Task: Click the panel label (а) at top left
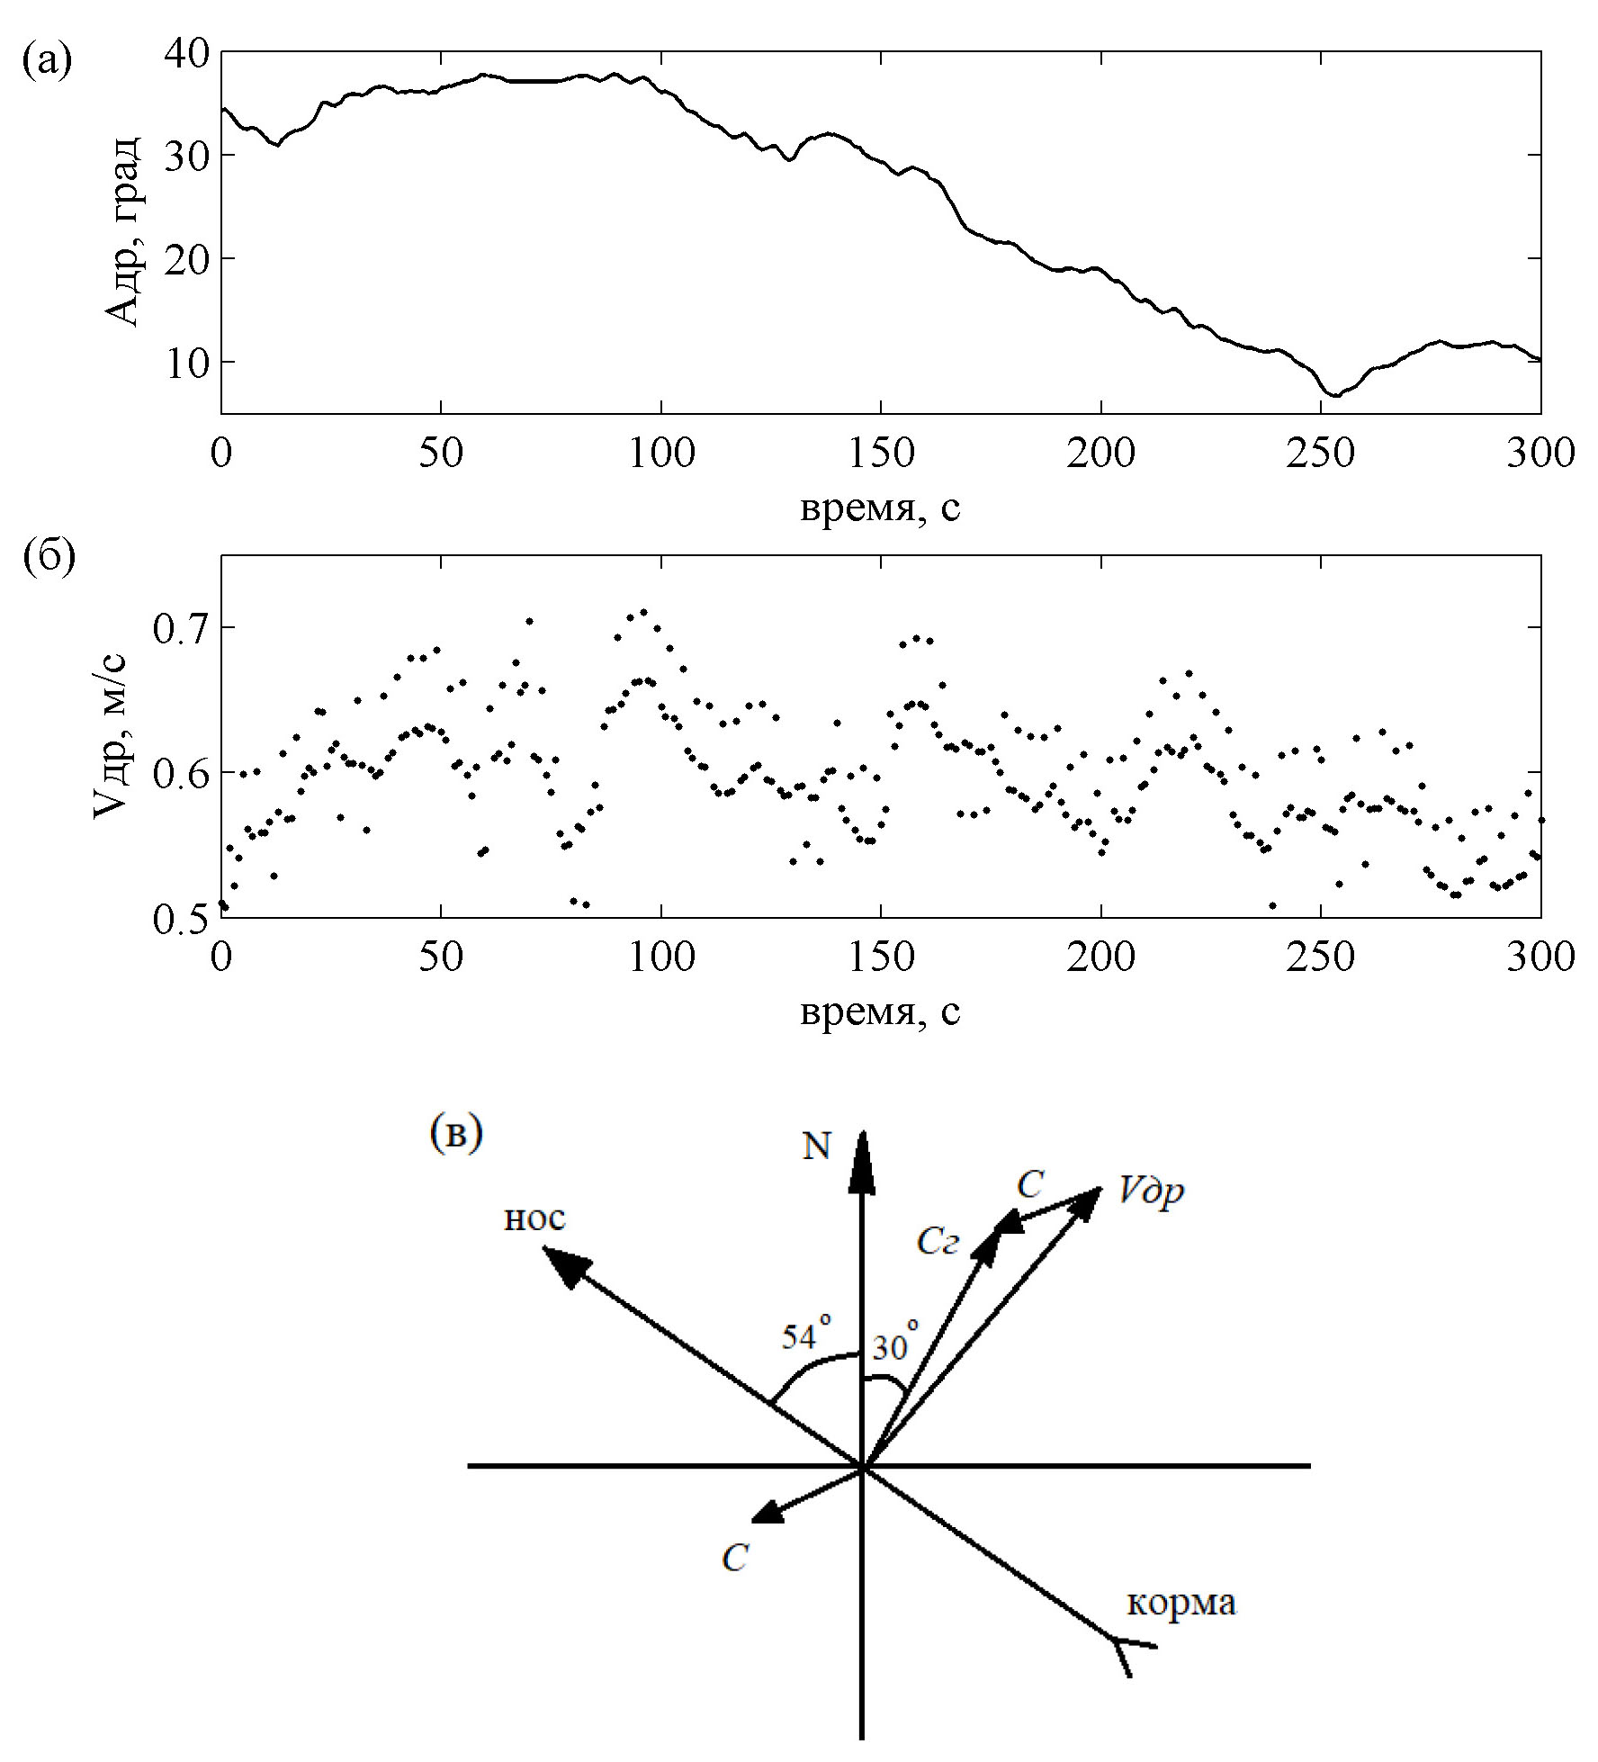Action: click(x=47, y=61)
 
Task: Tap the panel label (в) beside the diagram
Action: click(x=456, y=1134)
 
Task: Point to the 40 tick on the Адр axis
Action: click(x=186, y=54)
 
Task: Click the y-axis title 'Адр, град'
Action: click(x=122, y=232)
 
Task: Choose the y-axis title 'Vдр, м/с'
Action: click(x=112, y=736)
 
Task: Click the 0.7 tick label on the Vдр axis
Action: click(x=181, y=629)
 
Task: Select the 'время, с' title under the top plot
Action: click(x=879, y=508)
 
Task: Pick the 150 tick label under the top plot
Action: click(x=881, y=454)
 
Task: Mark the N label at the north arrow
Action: click(x=816, y=1146)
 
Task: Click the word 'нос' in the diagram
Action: click(x=534, y=1218)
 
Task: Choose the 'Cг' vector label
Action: click(x=938, y=1242)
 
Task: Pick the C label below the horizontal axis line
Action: click(x=735, y=1558)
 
